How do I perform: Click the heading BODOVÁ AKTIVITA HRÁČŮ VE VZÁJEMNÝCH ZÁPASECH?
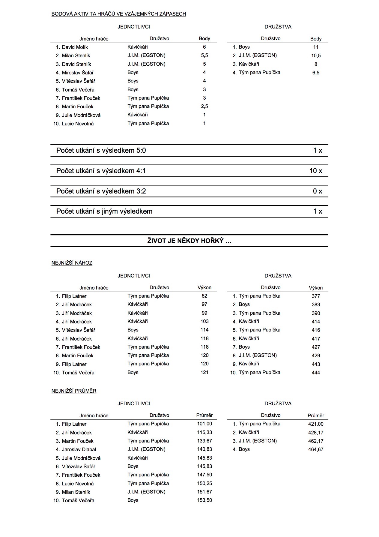[x=119, y=14]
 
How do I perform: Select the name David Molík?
[x=75, y=47]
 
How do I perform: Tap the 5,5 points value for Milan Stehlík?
[x=204, y=55]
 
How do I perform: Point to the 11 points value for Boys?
[x=315, y=47]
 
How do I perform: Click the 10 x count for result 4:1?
[x=315, y=171]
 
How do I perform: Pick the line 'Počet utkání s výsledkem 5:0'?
[x=101, y=151]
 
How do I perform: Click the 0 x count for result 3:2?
[x=317, y=191]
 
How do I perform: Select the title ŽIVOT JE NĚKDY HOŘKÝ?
[x=189, y=241]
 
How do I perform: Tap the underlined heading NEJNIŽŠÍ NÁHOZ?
[x=72, y=263]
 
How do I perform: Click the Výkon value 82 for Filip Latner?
[x=204, y=296]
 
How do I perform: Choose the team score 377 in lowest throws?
[x=315, y=296]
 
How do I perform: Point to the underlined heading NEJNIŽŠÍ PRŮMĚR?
[x=74, y=391]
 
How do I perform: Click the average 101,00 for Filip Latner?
[x=204, y=424]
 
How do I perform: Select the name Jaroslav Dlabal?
[x=79, y=449]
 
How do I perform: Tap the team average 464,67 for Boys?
[x=315, y=449]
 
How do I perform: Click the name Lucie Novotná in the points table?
[x=78, y=124]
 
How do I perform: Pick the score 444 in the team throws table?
[x=315, y=373]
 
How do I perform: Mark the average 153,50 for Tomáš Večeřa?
[x=204, y=500]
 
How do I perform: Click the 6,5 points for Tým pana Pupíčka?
[x=315, y=73]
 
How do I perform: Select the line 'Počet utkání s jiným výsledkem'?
[x=104, y=211]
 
